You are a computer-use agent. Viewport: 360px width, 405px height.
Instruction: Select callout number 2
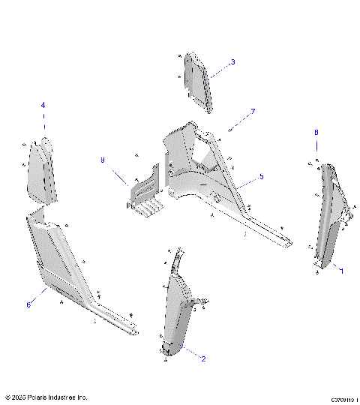pyautogui.click(x=203, y=358)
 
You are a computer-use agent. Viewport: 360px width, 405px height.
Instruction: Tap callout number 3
pyautogui.click(x=232, y=61)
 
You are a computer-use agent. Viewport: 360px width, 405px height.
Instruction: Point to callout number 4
pyautogui.click(x=43, y=105)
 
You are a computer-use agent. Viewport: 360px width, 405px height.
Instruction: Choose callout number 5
pyautogui.click(x=262, y=176)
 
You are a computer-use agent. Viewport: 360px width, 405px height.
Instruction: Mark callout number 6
pyautogui.click(x=28, y=304)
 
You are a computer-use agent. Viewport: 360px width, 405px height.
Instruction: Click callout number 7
pyautogui.click(x=253, y=112)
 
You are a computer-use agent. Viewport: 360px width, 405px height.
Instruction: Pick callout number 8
pyautogui.click(x=316, y=132)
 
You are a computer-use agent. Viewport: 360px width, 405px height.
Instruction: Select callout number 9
pyautogui.click(x=103, y=160)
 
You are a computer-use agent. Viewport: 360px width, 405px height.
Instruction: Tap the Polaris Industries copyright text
pyautogui.click(x=46, y=397)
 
